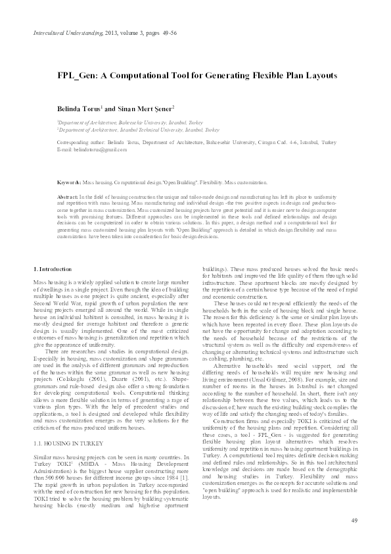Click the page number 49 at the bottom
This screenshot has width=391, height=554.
click(x=354, y=521)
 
